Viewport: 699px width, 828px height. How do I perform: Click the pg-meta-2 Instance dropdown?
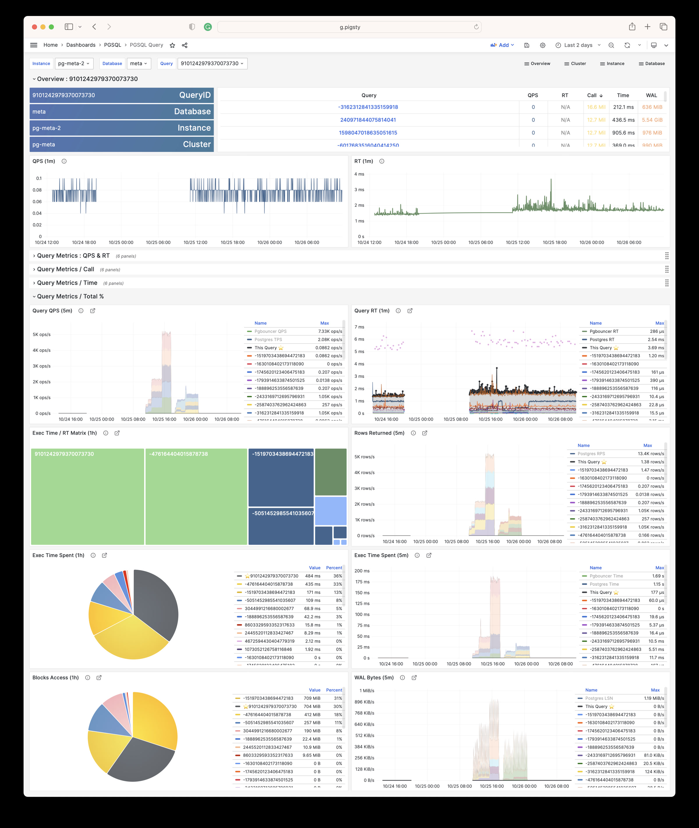click(74, 63)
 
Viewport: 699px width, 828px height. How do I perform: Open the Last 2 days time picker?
click(578, 45)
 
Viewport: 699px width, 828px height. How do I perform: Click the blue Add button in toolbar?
click(502, 45)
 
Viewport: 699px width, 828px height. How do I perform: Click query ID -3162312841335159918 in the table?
click(368, 107)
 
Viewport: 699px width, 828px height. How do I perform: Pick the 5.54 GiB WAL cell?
click(652, 120)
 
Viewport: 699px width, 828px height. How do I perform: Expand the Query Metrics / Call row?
click(65, 269)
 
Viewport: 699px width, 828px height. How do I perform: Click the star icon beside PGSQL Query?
click(172, 45)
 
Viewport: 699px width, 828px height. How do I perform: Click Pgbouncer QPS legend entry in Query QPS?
click(270, 332)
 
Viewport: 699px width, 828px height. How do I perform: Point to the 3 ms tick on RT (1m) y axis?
click(359, 190)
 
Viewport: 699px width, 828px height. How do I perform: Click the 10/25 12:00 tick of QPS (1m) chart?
click(195, 243)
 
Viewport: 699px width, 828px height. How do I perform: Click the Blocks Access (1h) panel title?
click(55, 678)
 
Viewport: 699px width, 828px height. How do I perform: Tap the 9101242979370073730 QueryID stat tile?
click(121, 95)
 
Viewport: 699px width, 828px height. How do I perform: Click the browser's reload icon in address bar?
click(476, 27)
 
